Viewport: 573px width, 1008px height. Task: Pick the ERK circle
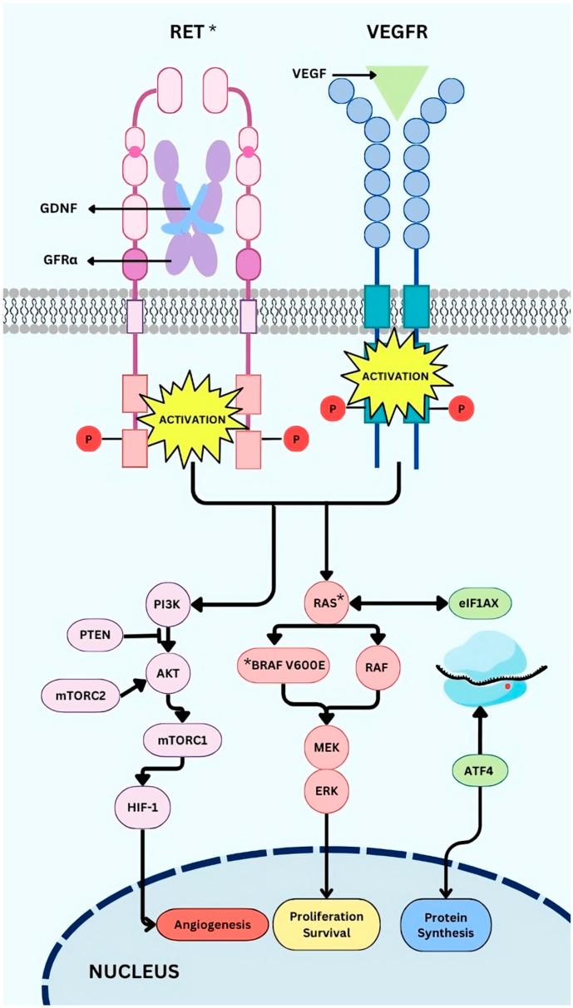coord(326,787)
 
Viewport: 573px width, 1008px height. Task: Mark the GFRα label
coord(58,261)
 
